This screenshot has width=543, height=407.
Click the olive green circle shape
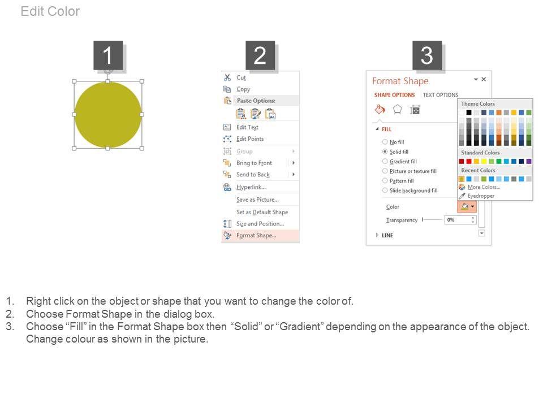(108, 115)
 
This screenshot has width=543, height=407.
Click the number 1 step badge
(108, 55)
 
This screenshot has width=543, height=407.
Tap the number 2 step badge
(260, 55)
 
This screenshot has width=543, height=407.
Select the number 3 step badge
(427, 55)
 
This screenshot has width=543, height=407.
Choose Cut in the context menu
(241, 78)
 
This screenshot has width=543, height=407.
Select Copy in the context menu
(243, 89)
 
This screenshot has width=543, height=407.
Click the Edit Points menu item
(250, 139)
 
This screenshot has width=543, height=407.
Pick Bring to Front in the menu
(254, 163)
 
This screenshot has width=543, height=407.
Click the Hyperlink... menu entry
(251, 187)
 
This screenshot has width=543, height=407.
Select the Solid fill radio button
(385, 151)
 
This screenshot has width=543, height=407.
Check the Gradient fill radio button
(385, 161)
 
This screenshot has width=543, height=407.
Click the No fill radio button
(385, 142)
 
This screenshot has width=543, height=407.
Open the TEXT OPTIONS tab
(441, 95)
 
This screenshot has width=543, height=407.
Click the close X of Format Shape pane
(484, 79)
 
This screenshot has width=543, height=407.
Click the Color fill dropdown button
(467, 207)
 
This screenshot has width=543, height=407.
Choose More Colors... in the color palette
(484, 187)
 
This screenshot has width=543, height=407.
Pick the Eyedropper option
(481, 196)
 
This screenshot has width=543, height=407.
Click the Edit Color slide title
(50, 11)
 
